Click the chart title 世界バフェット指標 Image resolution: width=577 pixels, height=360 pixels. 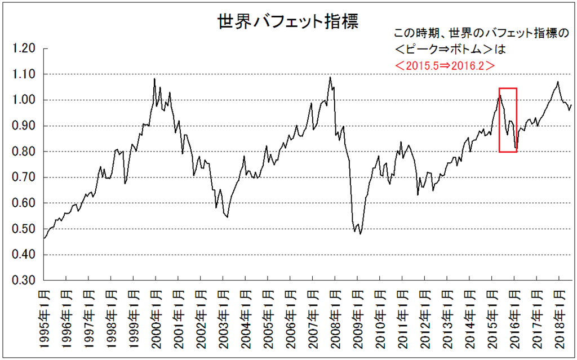[x=288, y=22]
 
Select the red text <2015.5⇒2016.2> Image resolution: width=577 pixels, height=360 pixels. [x=445, y=65]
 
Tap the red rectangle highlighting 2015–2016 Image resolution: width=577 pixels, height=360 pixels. [x=508, y=119]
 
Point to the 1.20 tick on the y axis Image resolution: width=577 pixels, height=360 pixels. [x=24, y=49]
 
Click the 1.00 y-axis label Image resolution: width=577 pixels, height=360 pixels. [x=24, y=100]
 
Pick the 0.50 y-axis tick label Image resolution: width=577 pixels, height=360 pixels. [x=24, y=229]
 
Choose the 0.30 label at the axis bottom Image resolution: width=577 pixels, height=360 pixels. [x=24, y=281]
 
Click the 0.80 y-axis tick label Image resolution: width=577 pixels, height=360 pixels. [x=24, y=152]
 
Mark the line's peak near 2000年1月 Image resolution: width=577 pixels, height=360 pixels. [x=154, y=79]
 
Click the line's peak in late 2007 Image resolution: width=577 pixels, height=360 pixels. [x=330, y=77]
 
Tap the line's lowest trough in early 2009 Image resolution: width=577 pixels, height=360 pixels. [x=360, y=234]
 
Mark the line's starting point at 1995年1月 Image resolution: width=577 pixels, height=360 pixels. [x=44, y=238]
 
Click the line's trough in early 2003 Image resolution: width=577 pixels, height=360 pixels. [x=227, y=217]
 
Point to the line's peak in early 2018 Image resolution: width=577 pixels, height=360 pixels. [x=558, y=82]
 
